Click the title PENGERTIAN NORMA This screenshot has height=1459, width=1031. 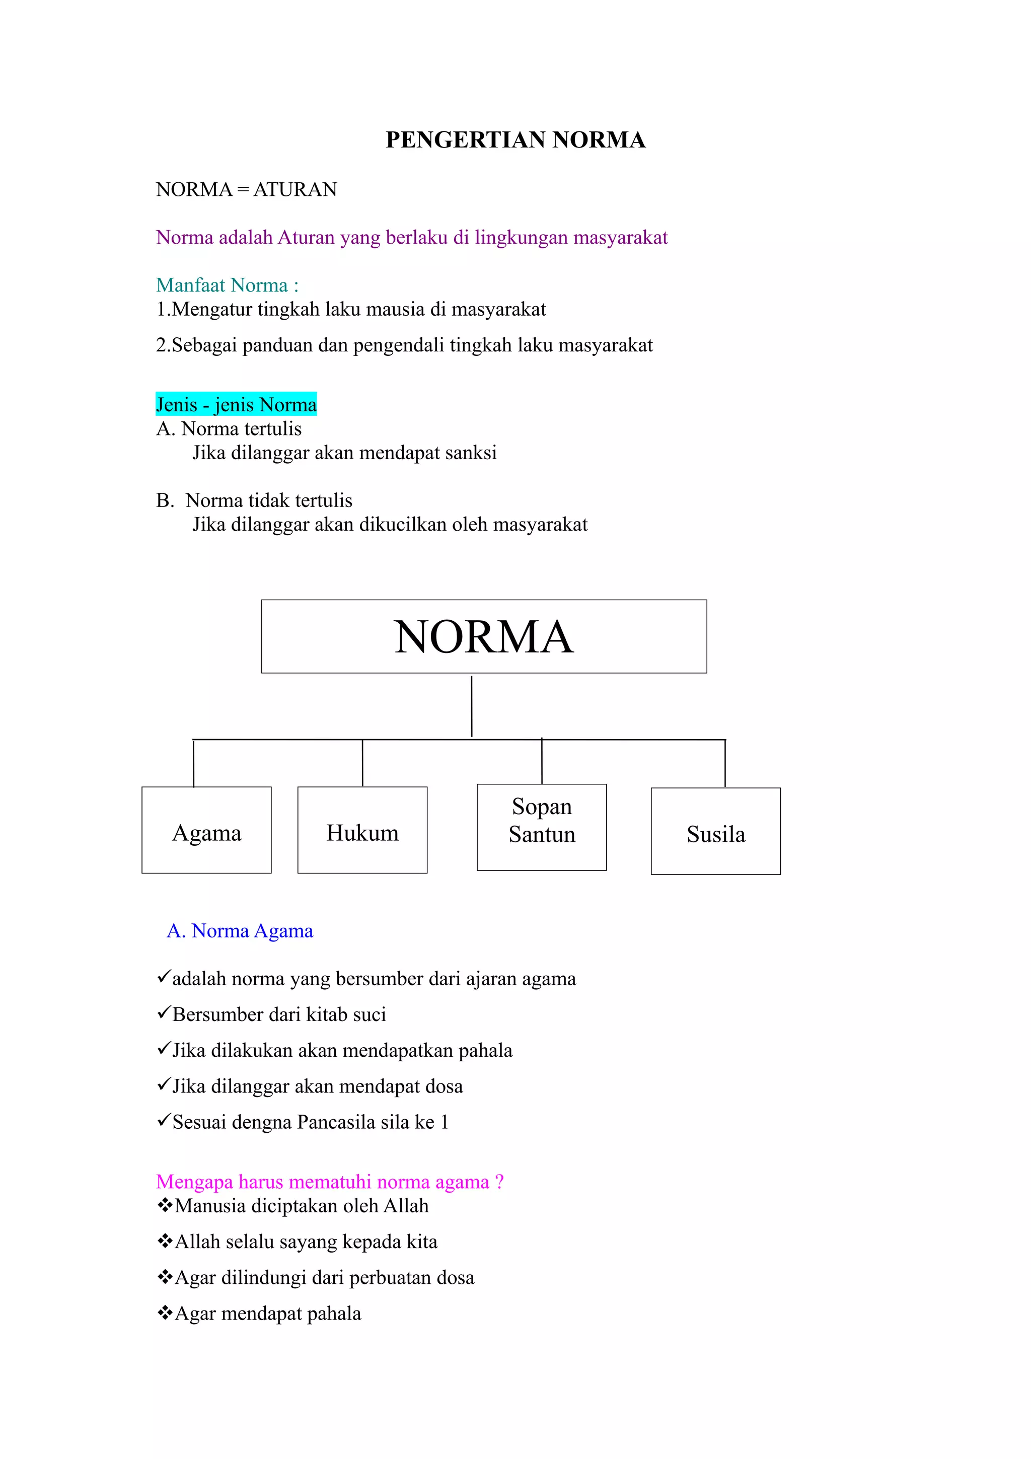[x=515, y=140]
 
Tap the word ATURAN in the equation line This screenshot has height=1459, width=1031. [x=296, y=189]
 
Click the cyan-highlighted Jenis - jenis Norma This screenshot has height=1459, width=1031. [x=236, y=404]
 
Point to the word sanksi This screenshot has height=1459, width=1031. [x=471, y=453]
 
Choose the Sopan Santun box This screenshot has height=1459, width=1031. [x=541, y=827]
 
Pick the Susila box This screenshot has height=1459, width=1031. [x=715, y=831]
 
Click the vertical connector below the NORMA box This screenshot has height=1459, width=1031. [x=471, y=705]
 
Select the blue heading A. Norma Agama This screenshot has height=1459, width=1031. [x=240, y=931]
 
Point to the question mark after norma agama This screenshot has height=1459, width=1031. [x=499, y=1182]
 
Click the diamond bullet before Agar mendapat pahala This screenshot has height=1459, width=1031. [x=165, y=1313]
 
